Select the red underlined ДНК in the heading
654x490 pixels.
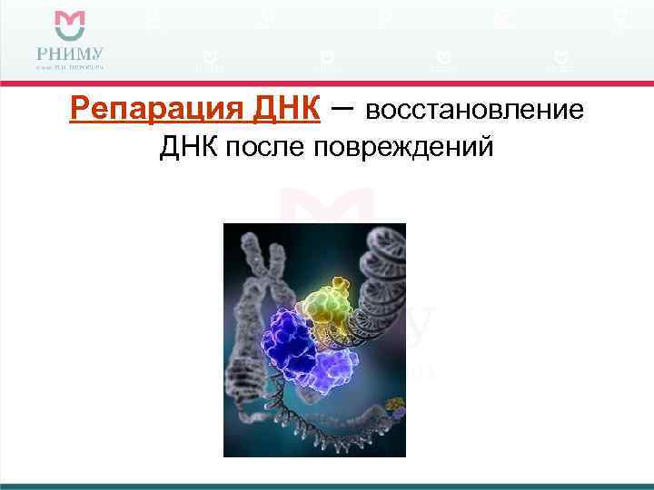(275, 110)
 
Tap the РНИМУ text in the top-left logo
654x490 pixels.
(70, 52)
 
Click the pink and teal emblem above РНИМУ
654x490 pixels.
(70, 24)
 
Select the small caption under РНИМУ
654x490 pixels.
(70, 66)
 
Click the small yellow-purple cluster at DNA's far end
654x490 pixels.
(393, 406)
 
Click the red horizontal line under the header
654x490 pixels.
(327, 83)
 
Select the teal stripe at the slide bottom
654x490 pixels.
(327, 485)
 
